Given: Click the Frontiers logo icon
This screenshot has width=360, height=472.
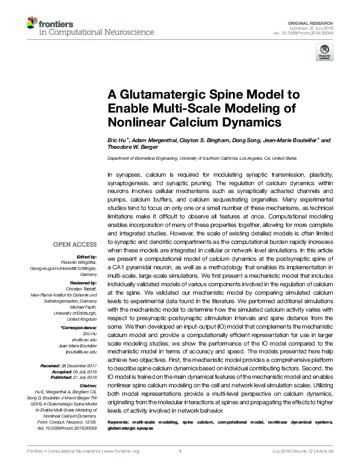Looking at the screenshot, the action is (32, 24).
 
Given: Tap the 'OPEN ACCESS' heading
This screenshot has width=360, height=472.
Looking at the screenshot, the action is (76, 245).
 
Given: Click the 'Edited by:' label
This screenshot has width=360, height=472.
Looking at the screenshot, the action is (85, 258).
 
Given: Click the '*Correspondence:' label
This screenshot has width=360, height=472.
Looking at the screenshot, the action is (79, 327).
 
